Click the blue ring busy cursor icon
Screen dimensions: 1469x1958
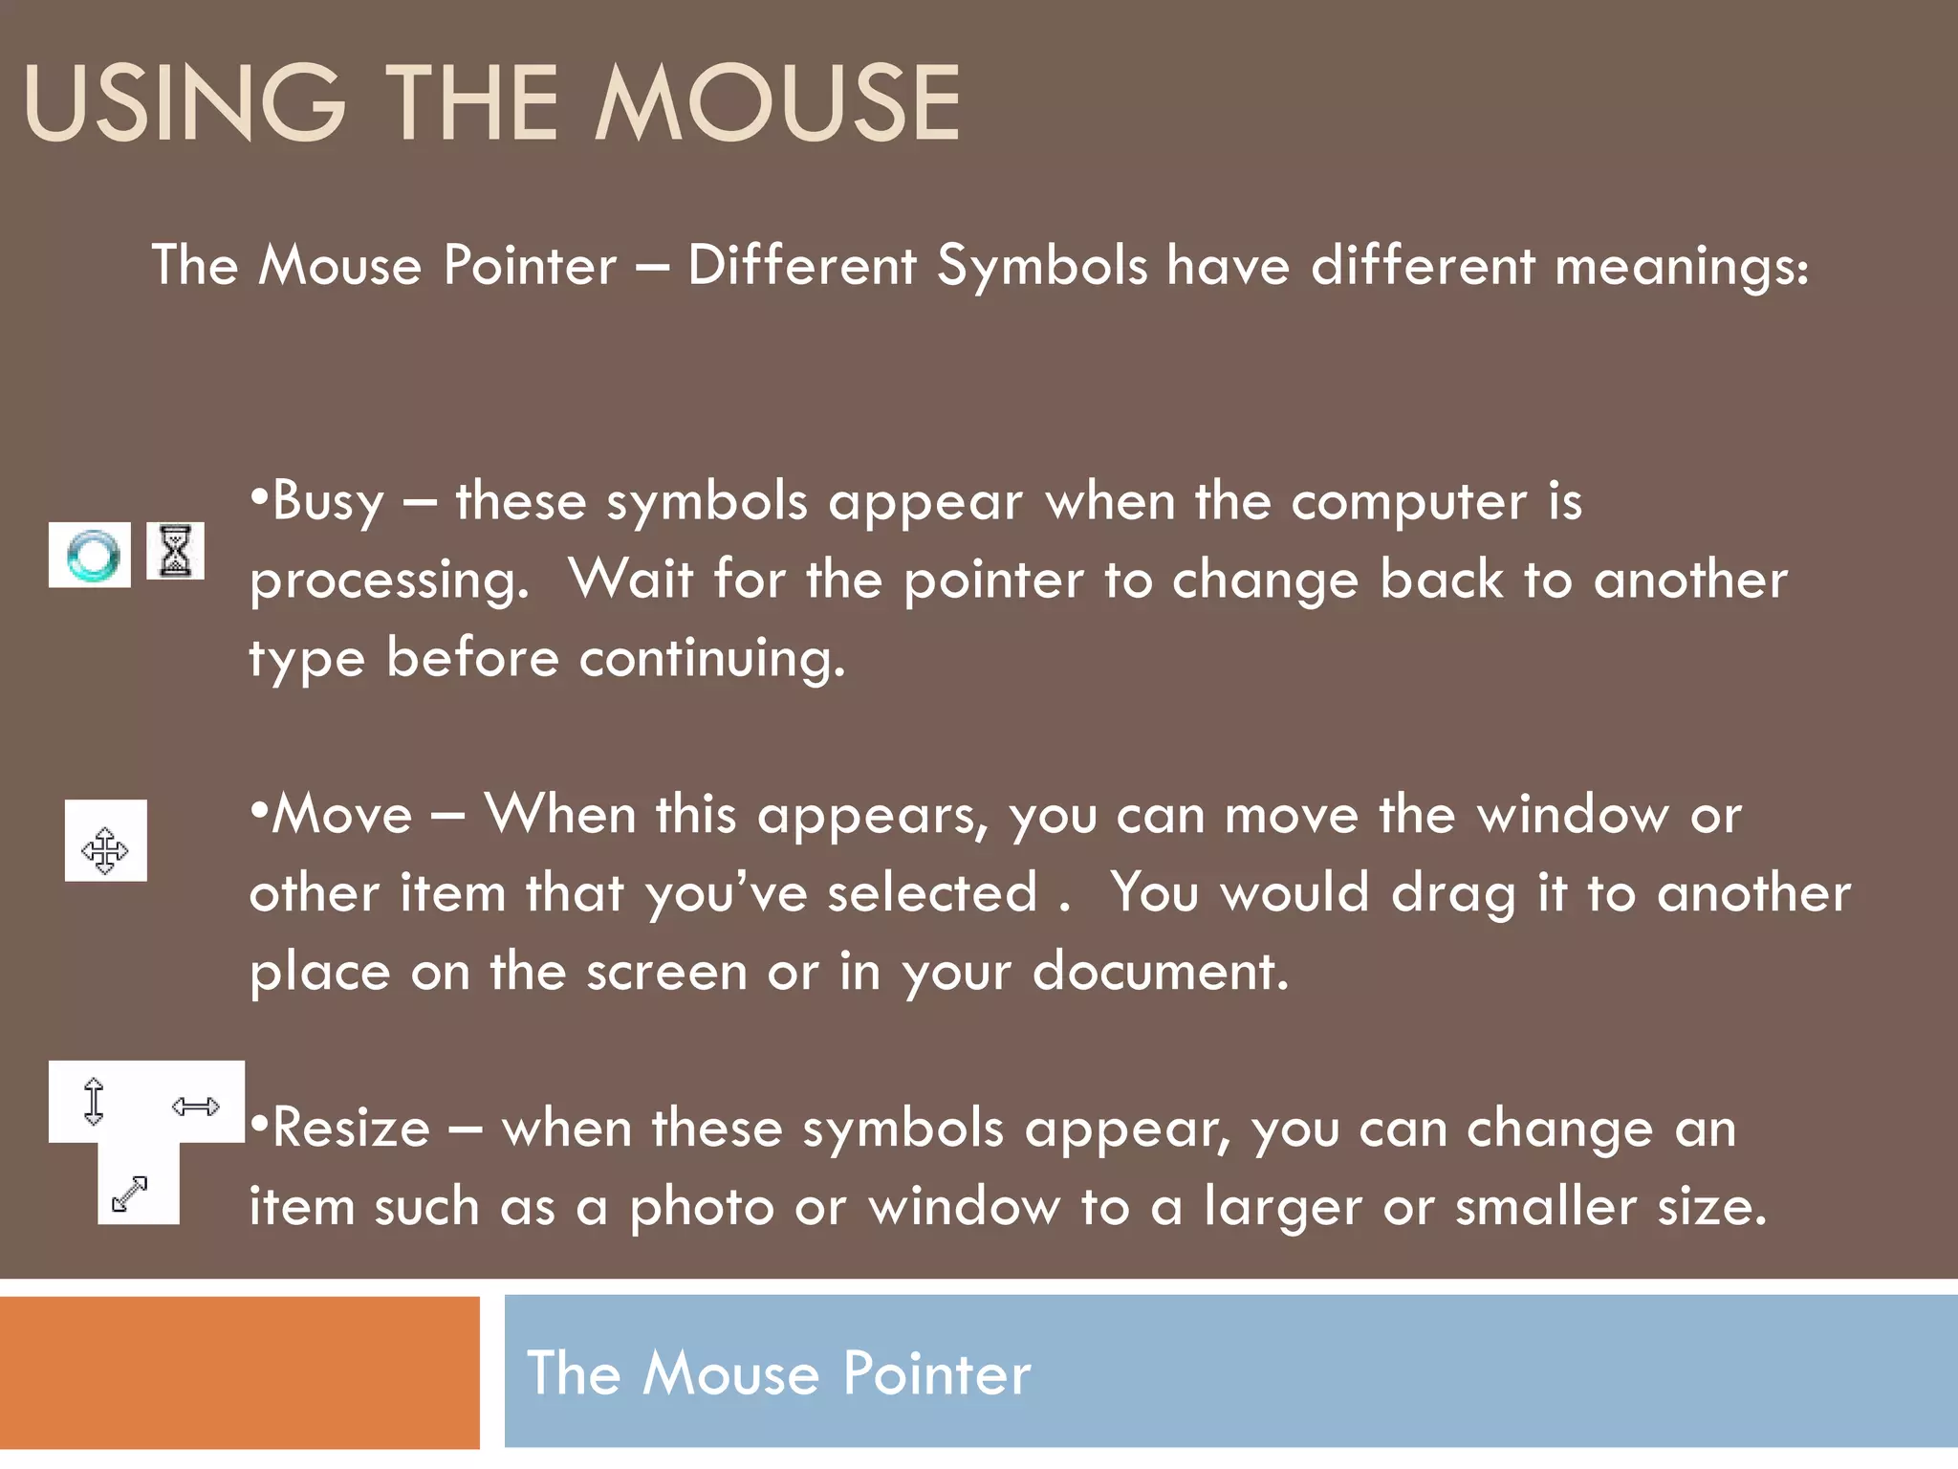coord(91,556)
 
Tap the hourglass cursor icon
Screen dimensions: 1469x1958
coord(175,551)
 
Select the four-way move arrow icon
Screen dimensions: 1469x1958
coord(105,849)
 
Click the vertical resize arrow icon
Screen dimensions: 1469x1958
coord(94,1101)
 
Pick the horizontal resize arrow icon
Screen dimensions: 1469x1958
coord(196,1107)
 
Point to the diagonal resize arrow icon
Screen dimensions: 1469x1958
coord(130,1194)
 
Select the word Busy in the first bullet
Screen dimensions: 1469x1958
coord(328,503)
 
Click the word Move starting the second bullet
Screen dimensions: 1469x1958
coord(342,816)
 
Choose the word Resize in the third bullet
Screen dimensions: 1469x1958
coord(351,1129)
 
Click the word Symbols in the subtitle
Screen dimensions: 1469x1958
coord(1041,266)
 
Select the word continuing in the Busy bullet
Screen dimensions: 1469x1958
coord(712,660)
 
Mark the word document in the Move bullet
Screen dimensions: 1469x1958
coord(1160,973)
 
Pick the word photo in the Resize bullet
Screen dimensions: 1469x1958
coord(701,1207)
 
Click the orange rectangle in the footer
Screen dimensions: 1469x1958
coord(239,1371)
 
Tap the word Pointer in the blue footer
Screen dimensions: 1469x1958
coord(936,1374)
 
